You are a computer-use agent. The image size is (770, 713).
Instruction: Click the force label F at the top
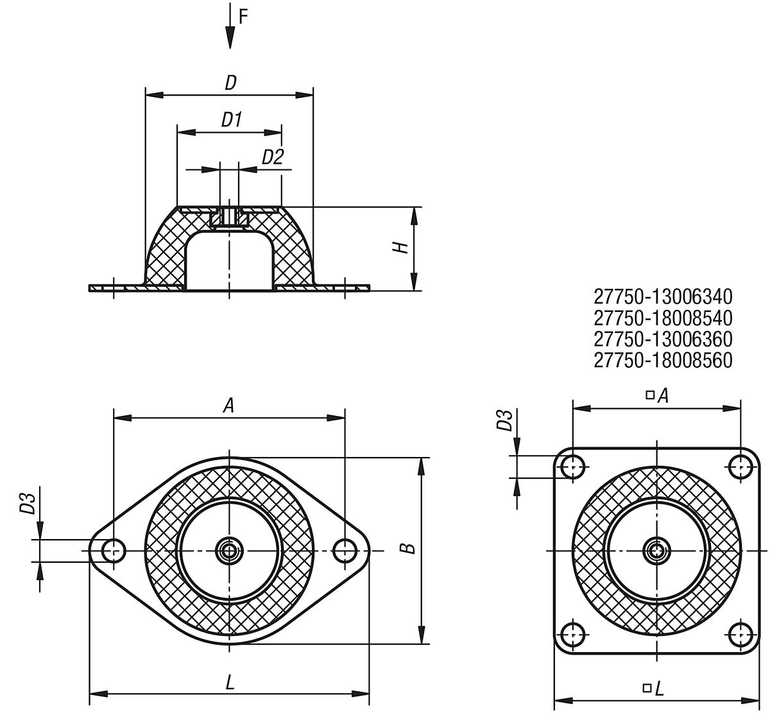[x=243, y=17]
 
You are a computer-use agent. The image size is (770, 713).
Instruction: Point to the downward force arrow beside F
[x=229, y=30]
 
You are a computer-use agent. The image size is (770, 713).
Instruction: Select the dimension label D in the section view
[x=230, y=82]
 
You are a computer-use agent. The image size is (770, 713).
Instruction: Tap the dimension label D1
[x=231, y=119]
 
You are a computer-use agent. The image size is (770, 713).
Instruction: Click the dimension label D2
[x=273, y=157]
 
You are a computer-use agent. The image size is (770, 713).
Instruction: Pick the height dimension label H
[x=401, y=247]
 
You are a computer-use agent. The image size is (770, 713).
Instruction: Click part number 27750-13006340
[x=663, y=296]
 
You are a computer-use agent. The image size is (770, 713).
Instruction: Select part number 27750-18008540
[x=663, y=318]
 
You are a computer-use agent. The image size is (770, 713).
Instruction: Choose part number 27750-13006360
[x=663, y=339]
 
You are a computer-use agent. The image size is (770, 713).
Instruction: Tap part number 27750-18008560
[x=663, y=360]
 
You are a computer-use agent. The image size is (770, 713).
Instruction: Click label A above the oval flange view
[x=228, y=405]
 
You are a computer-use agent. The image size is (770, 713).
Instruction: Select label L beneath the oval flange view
[x=230, y=682]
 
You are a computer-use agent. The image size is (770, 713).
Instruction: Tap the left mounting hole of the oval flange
[x=114, y=550]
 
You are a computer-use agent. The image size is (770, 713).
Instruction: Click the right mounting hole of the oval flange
[x=345, y=550]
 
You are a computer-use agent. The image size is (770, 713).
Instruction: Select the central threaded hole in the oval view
[x=228, y=550]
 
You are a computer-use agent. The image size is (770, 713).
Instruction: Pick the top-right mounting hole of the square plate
[x=740, y=467]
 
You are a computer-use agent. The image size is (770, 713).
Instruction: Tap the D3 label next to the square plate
[x=506, y=421]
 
